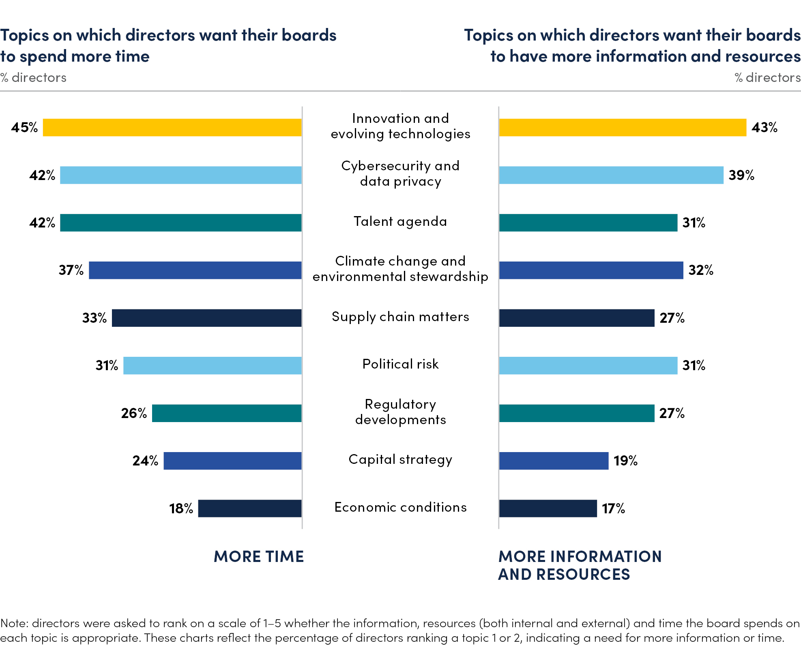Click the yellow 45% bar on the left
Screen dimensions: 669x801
pos(172,127)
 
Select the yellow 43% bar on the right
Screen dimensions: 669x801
pos(623,127)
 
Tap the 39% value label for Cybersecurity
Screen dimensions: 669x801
pos(741,175)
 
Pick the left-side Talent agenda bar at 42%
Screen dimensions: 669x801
pos(181,223)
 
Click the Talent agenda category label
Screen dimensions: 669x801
pos(400,221)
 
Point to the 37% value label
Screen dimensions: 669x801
pos(71,270)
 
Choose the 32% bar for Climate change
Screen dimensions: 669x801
pos(591,270)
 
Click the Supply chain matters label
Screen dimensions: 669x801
pos(400,317)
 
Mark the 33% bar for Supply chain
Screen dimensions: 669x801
pos(207,318)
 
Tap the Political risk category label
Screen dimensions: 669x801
pos(400,364)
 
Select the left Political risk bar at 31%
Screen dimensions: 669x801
pos(213,365)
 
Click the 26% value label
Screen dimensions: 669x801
pos(134,413)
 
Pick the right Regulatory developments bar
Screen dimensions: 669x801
pos(577,413)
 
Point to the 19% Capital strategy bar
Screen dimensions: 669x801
pos(554,461)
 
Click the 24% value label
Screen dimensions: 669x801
pos(145,461)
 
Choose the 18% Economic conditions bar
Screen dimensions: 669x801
pos(250,508)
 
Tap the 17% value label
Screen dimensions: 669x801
pos(613,508)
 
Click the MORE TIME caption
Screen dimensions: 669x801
pos(259,557)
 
